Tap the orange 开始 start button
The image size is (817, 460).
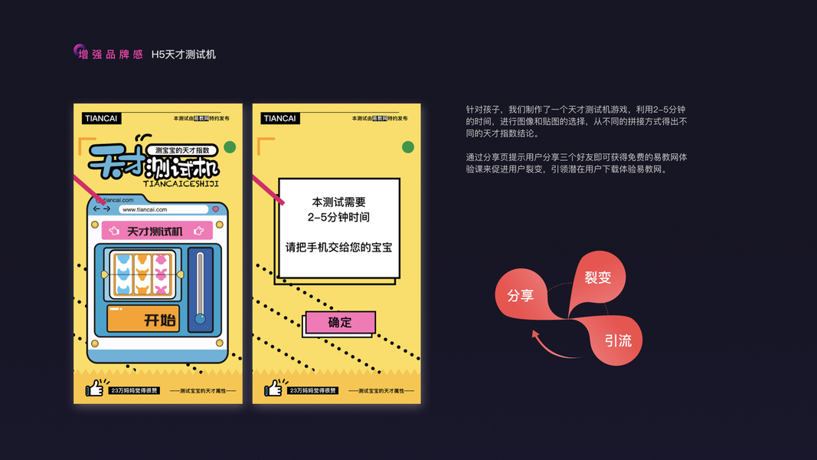pyautogui.click(x=143, y=319)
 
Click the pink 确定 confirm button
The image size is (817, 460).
pyautogui.click(x=340, y=323)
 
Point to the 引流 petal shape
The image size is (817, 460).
pyautogui.click(x=616, y=340)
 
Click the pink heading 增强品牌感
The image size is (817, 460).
pyautogui.click(x=111, y=54)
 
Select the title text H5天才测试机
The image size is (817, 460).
pyautogui.click(x=184, y=54)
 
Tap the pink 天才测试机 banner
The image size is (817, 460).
pyautogui.click(x=157, y=230)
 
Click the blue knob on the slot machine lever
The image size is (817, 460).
pyautogui.click(x=201, y=318)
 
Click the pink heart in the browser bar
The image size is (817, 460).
pyautogui.click(x=216, y=209)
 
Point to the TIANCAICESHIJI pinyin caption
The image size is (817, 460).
pyautogui.click(x=181, y=183)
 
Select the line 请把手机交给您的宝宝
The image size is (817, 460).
pyautogui.click(x=339, y=248)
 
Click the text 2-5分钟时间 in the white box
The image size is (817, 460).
pyautogui.click(x=339, y=217)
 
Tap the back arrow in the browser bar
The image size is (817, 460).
pyautogui.click(x=97, y=209)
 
